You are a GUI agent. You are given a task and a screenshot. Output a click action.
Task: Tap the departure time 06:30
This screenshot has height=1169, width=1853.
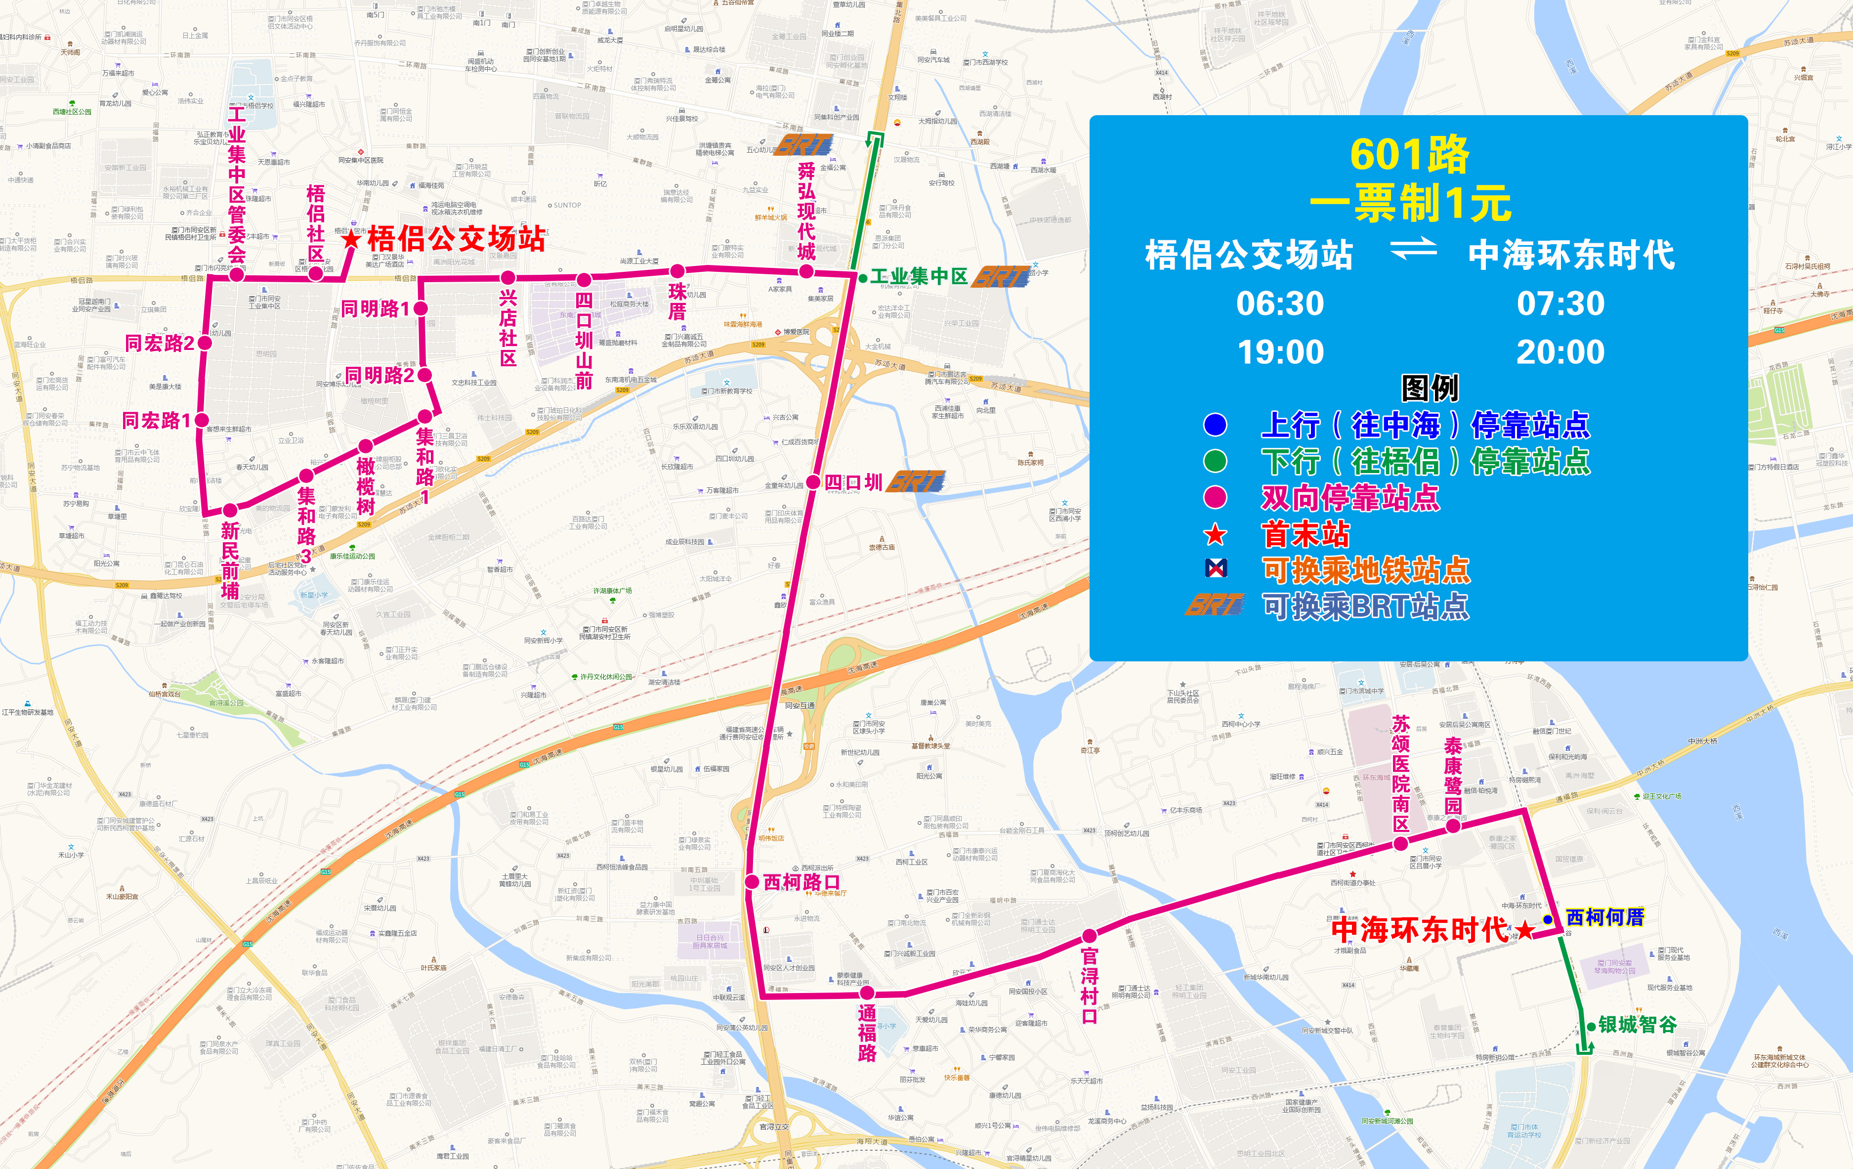pos(1280,303)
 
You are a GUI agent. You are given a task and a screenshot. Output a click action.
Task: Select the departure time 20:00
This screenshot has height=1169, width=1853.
pos(1560,352)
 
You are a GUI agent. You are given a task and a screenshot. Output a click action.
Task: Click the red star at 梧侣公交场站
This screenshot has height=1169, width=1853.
pos(351,239)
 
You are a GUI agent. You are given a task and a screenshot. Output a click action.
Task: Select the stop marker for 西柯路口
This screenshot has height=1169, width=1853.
pos(752,882)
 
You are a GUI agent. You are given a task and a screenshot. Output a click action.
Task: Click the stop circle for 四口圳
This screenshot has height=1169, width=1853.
pos(813,482)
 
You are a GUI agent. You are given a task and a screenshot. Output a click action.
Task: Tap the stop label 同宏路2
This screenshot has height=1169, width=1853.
pos(159,343)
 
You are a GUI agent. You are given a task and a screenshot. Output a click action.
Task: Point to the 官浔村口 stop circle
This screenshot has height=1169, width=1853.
pos(1089,936)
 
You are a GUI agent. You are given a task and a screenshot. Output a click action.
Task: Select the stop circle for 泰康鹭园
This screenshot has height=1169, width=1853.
pos(1453,826)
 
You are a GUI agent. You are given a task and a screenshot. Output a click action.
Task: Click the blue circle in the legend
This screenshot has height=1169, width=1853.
pos(1215,424)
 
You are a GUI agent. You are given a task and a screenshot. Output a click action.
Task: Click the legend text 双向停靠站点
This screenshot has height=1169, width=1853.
pos(1350,497)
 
